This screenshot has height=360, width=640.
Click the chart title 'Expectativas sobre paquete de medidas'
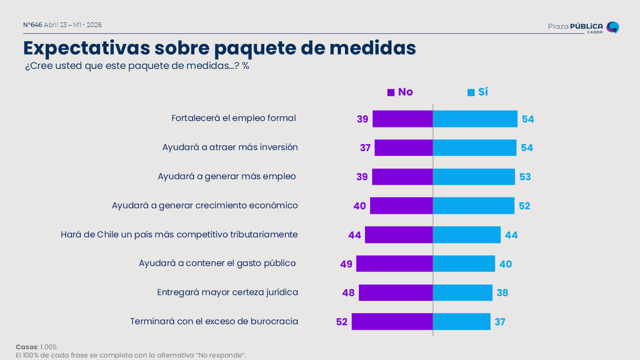click(219, 48)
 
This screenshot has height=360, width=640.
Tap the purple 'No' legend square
click(391, 92)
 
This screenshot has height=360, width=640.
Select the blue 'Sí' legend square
click(471, 92)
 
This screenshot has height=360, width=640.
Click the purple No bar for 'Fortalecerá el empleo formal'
click(402, 119)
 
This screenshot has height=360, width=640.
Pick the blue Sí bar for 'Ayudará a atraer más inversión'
click(475, 148)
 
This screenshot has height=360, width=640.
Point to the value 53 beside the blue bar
click(525, 177)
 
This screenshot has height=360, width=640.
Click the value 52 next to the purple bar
click(342, 322)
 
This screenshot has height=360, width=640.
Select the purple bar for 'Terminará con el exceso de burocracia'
click(392, 322)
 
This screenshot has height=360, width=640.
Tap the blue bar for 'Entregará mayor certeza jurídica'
click(462, 293)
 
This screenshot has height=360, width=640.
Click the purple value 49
click(347, 264)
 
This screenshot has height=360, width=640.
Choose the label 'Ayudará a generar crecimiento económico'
click(205, 205)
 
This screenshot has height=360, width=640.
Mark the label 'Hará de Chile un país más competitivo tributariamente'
click(179, 235)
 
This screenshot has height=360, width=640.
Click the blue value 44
click(511, 235)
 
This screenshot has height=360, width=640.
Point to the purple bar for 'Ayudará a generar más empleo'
click(402, 177)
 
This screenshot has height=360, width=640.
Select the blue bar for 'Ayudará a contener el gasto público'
click(464, 264)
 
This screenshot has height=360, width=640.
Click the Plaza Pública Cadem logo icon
click(613, 27)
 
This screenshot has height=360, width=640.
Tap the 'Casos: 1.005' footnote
click(36, 347)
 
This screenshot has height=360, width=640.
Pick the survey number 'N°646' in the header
click(33, 25)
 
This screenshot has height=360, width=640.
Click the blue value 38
click(502, 293)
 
